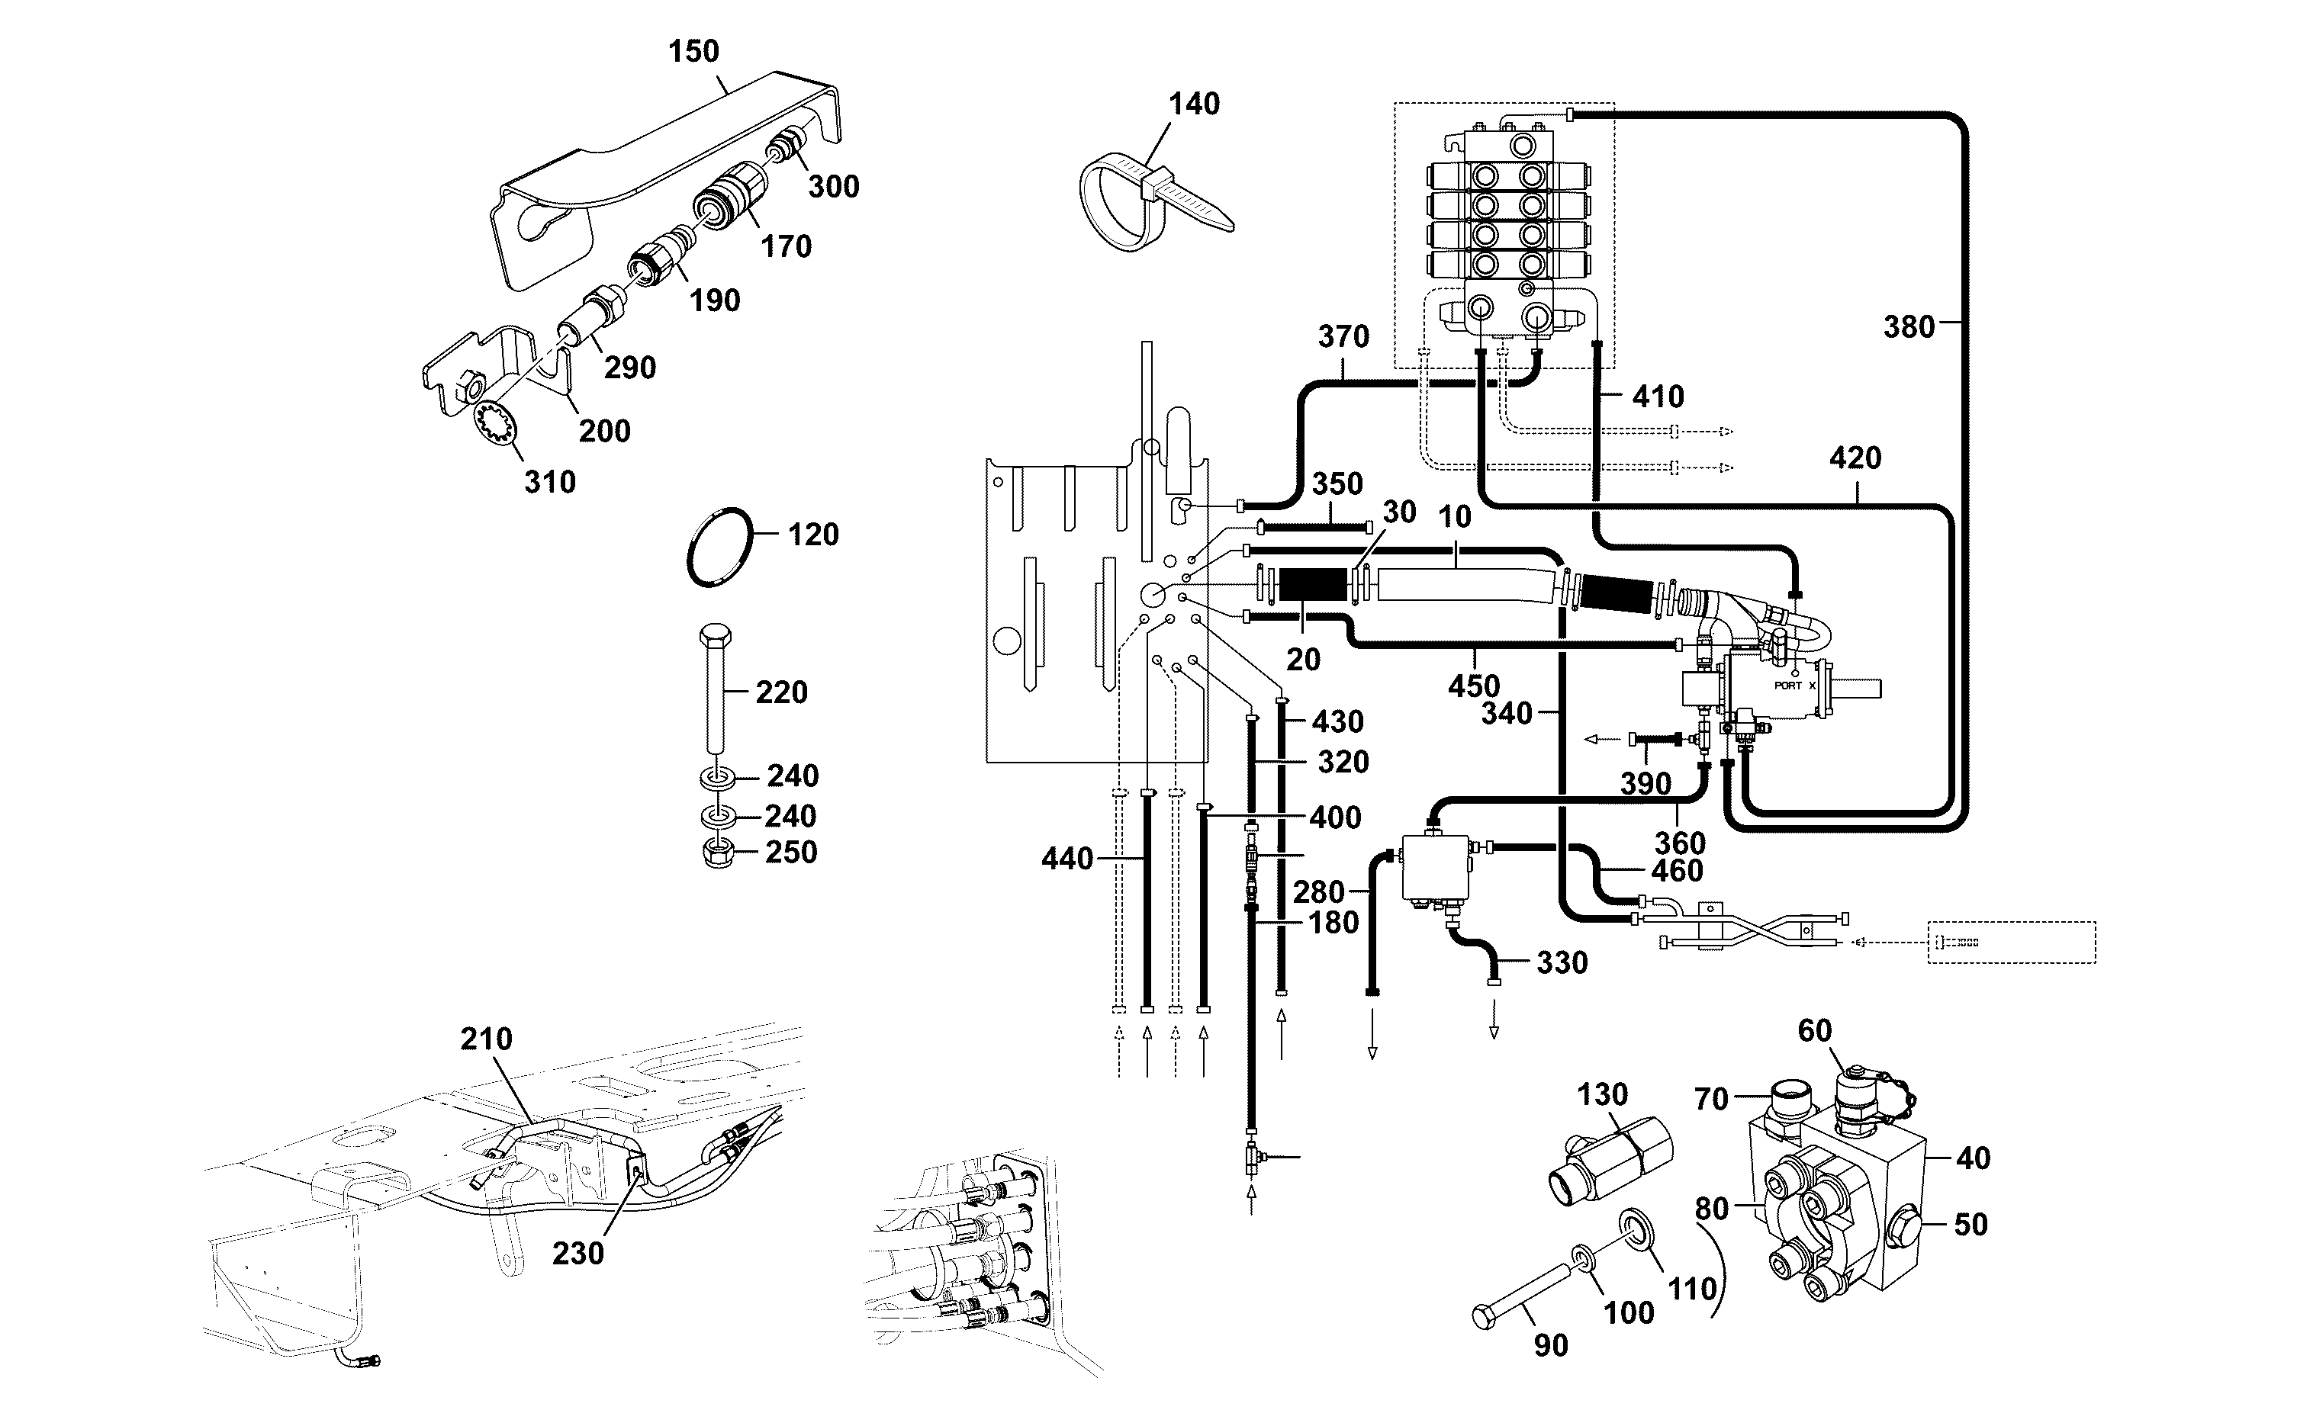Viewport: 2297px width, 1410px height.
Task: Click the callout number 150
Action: coord(694,51)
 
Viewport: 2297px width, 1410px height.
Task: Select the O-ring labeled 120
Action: coord(719,548)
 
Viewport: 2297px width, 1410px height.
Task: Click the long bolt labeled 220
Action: coord(716,689)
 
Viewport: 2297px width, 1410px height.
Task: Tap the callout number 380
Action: coord(1909,327)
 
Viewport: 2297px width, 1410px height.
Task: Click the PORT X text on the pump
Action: coord(1794,686)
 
